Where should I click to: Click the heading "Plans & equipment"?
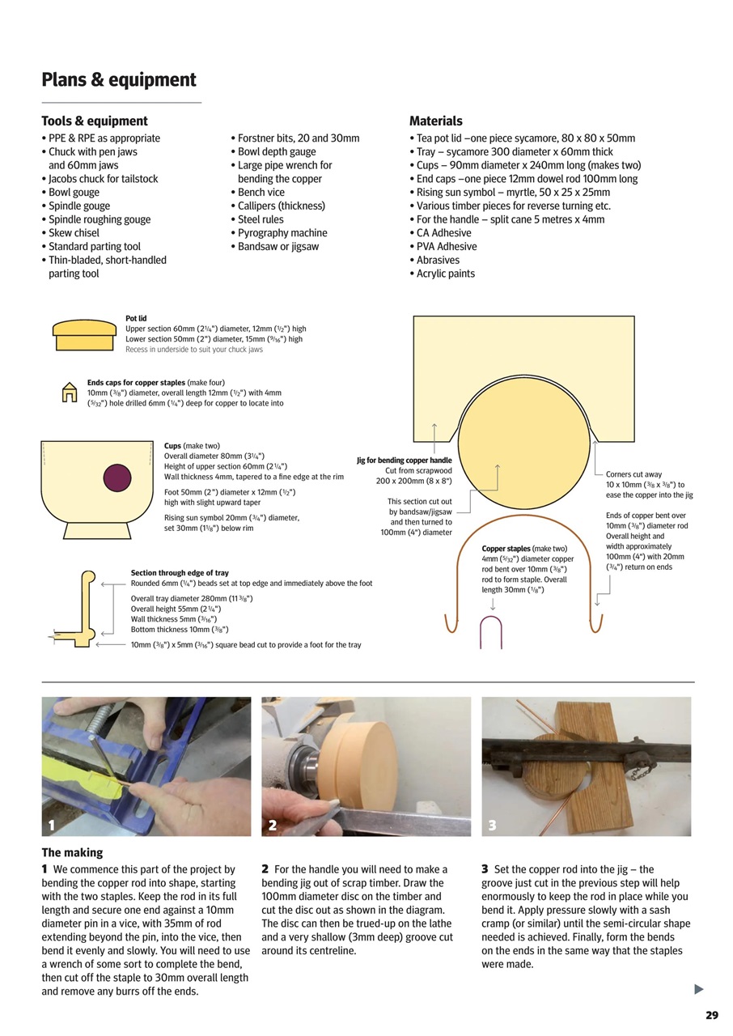tap(119, 80)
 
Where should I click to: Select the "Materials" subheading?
tap(436, 121)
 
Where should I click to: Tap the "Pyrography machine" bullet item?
tap(282, 233)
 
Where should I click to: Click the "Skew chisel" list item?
tap(74, 233)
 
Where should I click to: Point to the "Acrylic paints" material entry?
tap(445, 274)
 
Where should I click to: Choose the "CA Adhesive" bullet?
tap(443, 233)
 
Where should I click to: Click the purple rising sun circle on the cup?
tap(117, 478)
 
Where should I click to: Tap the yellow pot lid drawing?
tap(84, 335)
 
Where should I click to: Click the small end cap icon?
tap(70, 393)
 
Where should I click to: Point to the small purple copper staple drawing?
tap(492, 631)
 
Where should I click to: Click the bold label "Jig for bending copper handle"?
tap(405, 461)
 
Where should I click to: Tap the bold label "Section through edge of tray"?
tap(180, 573)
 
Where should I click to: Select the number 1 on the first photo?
tap(52, 826)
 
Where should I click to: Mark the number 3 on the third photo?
tap(492, 826)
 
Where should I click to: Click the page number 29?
tap(711, 1015)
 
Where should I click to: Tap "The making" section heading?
tap(73, 852)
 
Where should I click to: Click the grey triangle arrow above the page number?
tap(699, 989)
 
